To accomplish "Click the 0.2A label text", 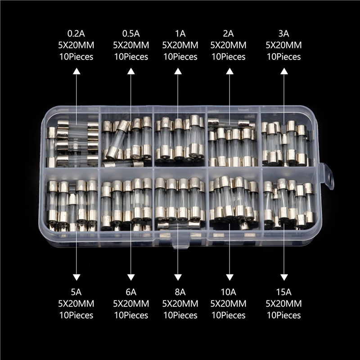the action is point(76,34).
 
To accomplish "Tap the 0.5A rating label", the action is point(131,34).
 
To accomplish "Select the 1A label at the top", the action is point(180,34).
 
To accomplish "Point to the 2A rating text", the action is point(228,34).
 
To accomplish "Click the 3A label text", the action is point(283,34).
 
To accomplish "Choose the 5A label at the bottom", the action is point(76,292).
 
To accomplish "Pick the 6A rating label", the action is point(131,292).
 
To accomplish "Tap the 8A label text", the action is point(180,292).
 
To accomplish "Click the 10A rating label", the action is point(228,292).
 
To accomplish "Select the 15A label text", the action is point(283,292).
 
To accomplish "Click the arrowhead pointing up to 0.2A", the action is point(76,71).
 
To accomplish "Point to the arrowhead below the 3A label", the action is point(284,71).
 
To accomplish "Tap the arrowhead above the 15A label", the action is point(284,277).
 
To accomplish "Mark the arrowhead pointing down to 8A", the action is point(178,277).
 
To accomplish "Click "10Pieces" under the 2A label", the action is point(228,57).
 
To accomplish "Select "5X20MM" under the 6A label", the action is point(131,304).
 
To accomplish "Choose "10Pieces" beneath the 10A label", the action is point(228,315).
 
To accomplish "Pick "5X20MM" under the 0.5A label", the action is point(131,45).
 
